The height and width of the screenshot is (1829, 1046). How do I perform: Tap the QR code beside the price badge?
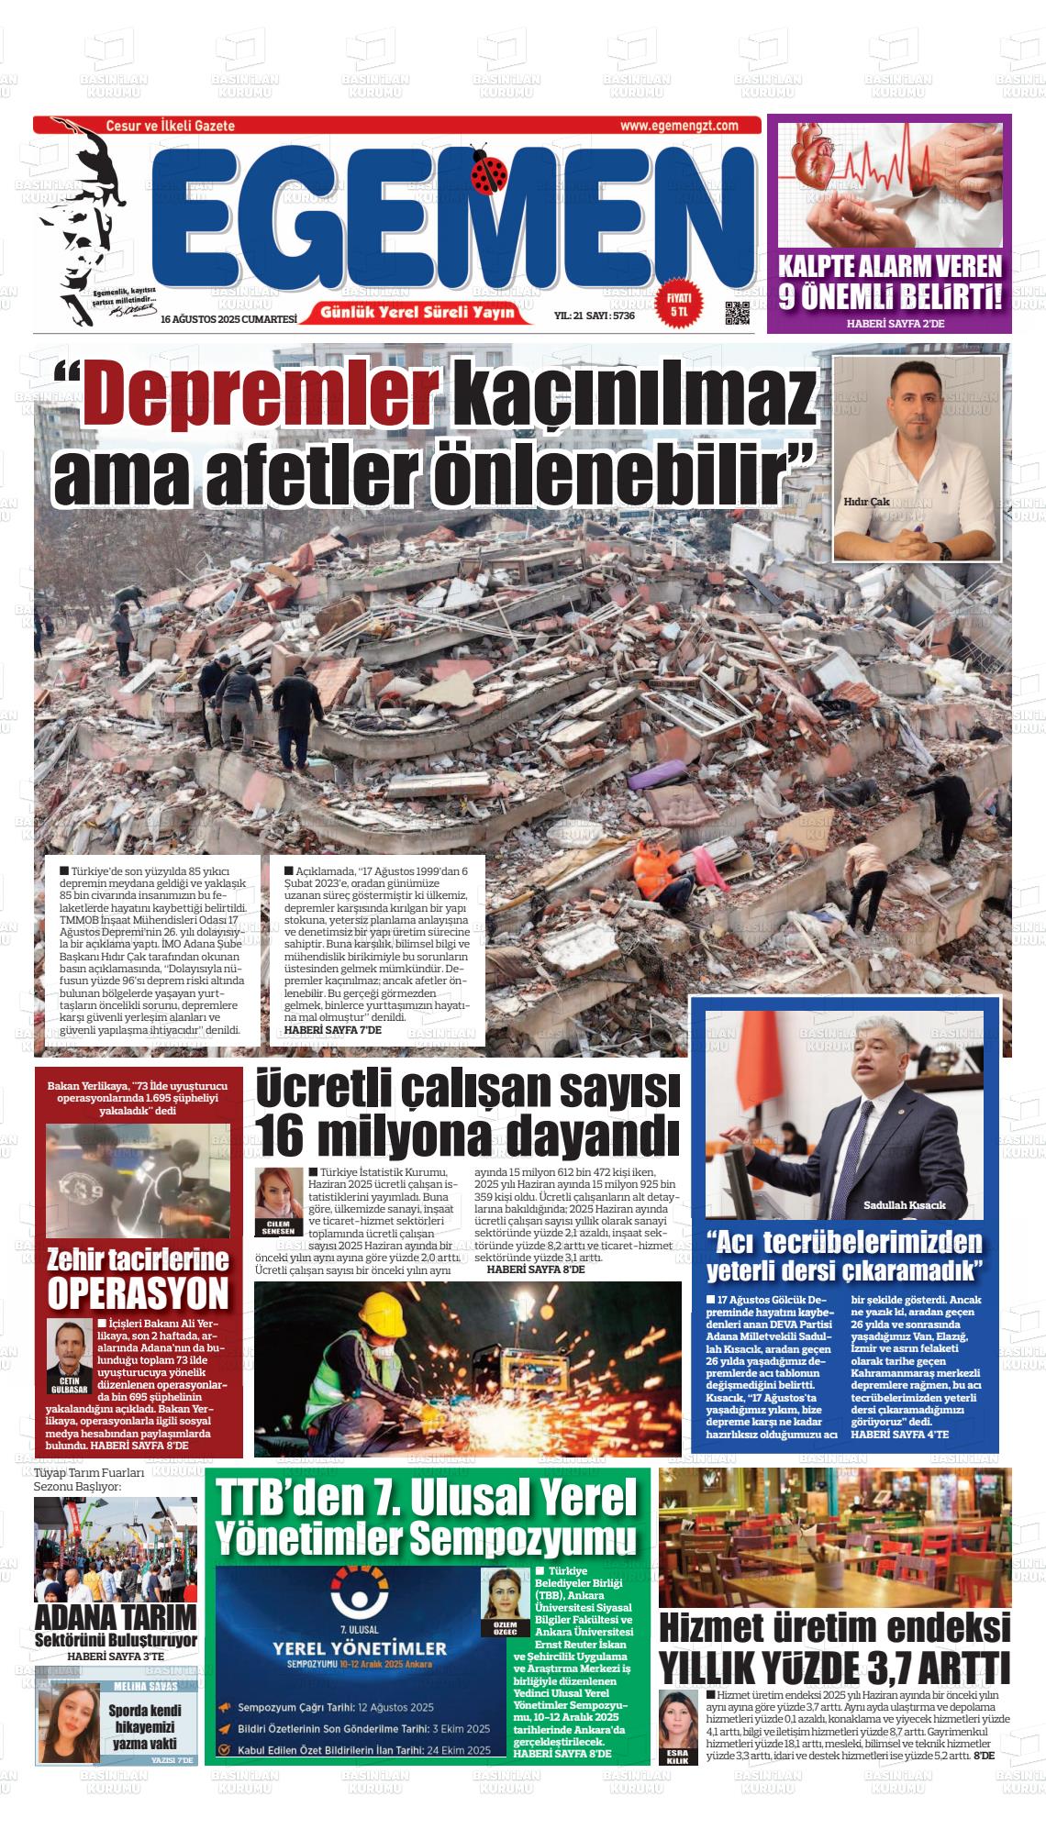738,313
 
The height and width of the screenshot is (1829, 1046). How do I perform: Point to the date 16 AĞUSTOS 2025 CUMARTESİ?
229,319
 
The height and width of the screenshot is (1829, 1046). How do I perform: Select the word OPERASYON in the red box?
138,1293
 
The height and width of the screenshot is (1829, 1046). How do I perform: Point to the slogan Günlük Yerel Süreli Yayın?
426,314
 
